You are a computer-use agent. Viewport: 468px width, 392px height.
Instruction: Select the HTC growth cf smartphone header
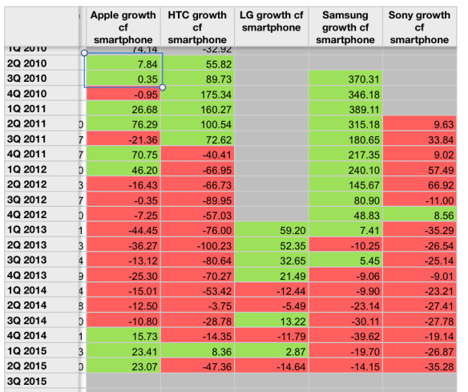pyautogui.click(x=197, y=27)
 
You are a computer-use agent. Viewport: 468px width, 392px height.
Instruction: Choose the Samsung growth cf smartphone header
pyautogui.click(x=346, y=27)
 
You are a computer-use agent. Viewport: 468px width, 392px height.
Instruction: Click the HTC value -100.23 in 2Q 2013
pyautogui.click(x=197, y=245)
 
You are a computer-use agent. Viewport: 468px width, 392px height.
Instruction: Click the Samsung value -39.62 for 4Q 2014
pyautogui.click(x=346, y=336)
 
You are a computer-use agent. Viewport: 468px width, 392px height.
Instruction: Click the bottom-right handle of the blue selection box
pyautogui.click(x=163, y=87)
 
